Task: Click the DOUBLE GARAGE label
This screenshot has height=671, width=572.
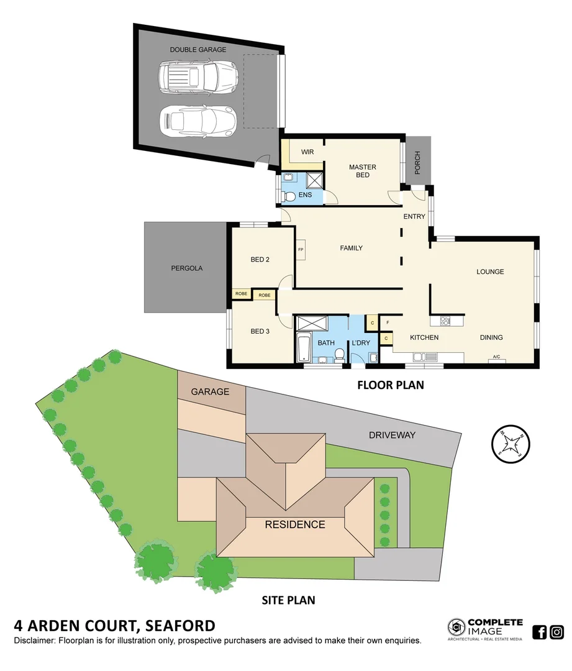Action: (x=199, y=50)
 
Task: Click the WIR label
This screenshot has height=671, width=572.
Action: (x=306, y=152)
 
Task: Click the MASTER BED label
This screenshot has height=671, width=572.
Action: (x=362, y=171)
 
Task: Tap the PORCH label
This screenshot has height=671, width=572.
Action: (x=417, y=163)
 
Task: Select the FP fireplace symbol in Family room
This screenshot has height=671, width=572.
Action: (x=301, y=250)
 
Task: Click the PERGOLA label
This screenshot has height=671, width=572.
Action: (x=187, y=268)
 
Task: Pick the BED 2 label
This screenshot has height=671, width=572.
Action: (x=260, y=260)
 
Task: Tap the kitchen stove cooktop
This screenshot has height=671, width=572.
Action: (x=445, y=321)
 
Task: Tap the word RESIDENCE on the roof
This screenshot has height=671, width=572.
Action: (x=294, y=524)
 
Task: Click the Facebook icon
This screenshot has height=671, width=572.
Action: (x=540, y=632)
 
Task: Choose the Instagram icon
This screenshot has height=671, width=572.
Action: (x=556, y=632)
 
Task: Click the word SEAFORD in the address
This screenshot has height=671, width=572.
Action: (x=180, y=626)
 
